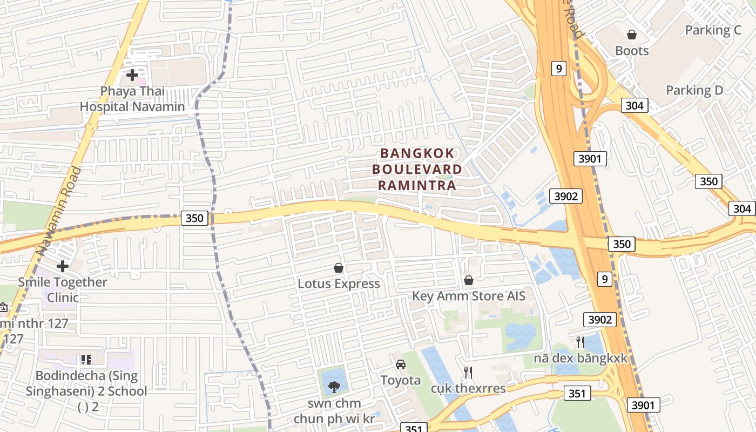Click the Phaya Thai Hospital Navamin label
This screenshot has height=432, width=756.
click(132, 99)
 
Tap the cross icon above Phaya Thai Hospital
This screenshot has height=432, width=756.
click(132, 75)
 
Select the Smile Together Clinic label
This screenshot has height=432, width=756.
click(63, 289)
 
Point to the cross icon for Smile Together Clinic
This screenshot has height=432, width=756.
click(63, 266)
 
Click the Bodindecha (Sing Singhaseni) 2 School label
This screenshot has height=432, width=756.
click(86, 383)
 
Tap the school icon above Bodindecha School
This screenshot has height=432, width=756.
click(86, 359)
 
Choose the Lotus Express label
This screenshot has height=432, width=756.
click(339, 283)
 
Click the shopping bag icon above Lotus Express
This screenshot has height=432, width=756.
click(339, 268)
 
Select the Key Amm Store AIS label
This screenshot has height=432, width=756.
click(469, 296)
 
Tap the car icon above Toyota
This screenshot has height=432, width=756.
click(401, 364)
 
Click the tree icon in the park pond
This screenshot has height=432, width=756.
click(334, 386)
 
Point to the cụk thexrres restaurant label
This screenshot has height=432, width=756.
click(468, 388)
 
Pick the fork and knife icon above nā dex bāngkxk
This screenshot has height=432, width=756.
click(580, 342)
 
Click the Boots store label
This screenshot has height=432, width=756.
click(632, 51)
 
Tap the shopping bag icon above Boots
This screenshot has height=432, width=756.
click(632, 35)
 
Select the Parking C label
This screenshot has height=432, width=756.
click(713, 30)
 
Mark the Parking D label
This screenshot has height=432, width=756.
click(694, 90)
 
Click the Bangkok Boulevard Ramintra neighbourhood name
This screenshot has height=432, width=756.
click(417, 170)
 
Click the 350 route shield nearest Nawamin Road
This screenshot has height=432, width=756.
click(194, 218)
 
